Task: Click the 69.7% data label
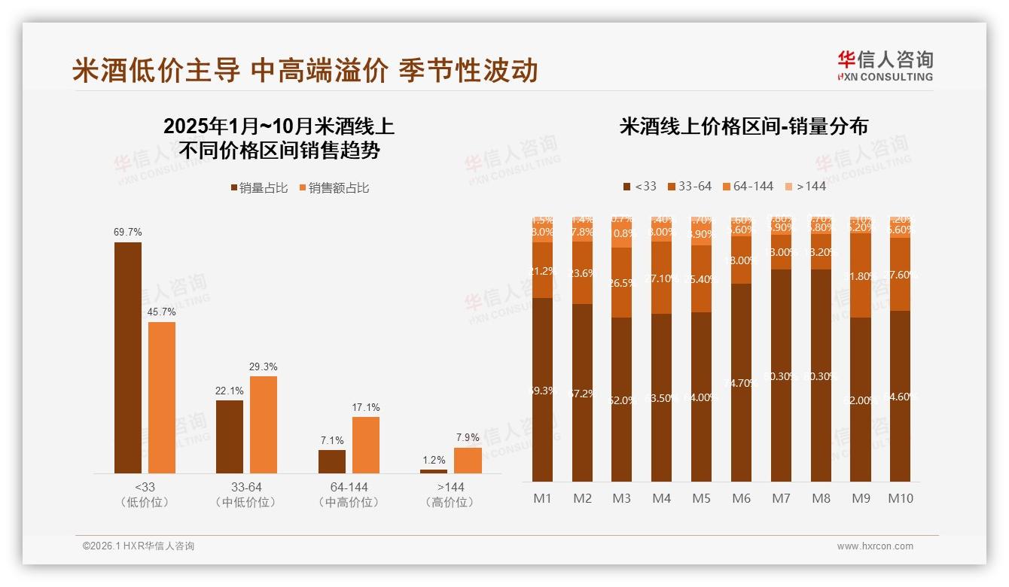(x=128, y=233)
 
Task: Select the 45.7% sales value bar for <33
(x=162, y=397)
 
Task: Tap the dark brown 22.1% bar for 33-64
(x=230, y=436)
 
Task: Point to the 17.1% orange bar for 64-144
(x=366, y=445)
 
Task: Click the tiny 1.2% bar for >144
(x=434, y=471)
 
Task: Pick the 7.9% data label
(x=468, y=437)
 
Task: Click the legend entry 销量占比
(x=259, y=188)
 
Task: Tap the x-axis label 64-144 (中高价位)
(x=349, y=494)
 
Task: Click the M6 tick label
(x=742, y=498)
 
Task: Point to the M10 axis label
(x=901, y=498)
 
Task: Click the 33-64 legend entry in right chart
(x=688, y=186)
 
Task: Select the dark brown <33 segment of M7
(x=782, y=376)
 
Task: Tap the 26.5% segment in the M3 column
(x=622, y=282)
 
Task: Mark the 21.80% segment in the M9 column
(x=861, y=275)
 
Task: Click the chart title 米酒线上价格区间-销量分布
(x=743, y=126)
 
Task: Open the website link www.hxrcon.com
(x=875, y=546)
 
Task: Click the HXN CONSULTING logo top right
(x=885, y=66)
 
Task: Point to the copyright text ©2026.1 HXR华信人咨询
(x=139, y=546)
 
